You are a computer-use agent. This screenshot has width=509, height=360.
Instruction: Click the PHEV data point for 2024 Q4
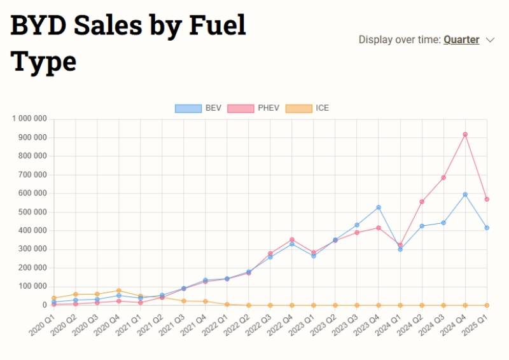465,134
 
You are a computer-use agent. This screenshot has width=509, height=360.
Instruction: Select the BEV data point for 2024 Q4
465,195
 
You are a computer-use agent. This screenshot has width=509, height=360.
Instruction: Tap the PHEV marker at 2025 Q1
487,199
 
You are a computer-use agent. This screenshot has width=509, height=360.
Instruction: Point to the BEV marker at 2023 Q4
379,207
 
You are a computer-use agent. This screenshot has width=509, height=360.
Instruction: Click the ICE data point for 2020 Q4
119,291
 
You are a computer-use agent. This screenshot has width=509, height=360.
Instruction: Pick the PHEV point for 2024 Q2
422,202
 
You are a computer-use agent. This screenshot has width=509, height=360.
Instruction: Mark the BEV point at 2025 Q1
487,228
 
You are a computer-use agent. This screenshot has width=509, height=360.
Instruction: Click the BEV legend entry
198,108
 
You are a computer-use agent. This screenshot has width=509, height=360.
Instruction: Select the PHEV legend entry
253,108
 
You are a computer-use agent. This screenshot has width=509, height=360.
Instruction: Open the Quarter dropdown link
461,39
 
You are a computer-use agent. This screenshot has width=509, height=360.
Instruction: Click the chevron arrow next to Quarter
490,39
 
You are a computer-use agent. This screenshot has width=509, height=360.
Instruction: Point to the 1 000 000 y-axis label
29,119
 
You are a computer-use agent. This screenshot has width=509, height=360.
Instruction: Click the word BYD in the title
37,26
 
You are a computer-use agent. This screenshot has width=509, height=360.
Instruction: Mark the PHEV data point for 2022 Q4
292,240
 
